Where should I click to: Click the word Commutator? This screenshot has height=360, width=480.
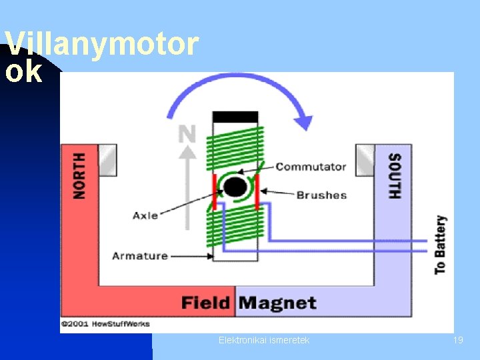point(311,167)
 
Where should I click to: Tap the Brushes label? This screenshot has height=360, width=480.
point(321,195)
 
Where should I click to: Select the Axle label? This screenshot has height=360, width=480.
point(145,215)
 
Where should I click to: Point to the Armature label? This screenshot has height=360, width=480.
point(139,255)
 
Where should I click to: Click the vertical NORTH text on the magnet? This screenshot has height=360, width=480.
point(79,175)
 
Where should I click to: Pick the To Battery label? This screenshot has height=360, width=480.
point(440,245)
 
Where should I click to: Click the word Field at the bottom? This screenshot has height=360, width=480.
point(206,303)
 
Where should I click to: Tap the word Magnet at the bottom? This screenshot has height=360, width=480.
point(277,303)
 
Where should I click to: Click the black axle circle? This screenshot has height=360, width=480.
point(235,187)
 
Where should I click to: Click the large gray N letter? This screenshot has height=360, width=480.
point(187,134)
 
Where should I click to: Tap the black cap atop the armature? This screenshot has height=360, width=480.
point(235,117)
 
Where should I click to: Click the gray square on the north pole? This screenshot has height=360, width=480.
point(107,160)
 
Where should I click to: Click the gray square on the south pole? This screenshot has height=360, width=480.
point(365,160)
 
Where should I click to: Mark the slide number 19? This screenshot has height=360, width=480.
point(458,340)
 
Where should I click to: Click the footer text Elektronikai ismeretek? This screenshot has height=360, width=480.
point(264,340)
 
